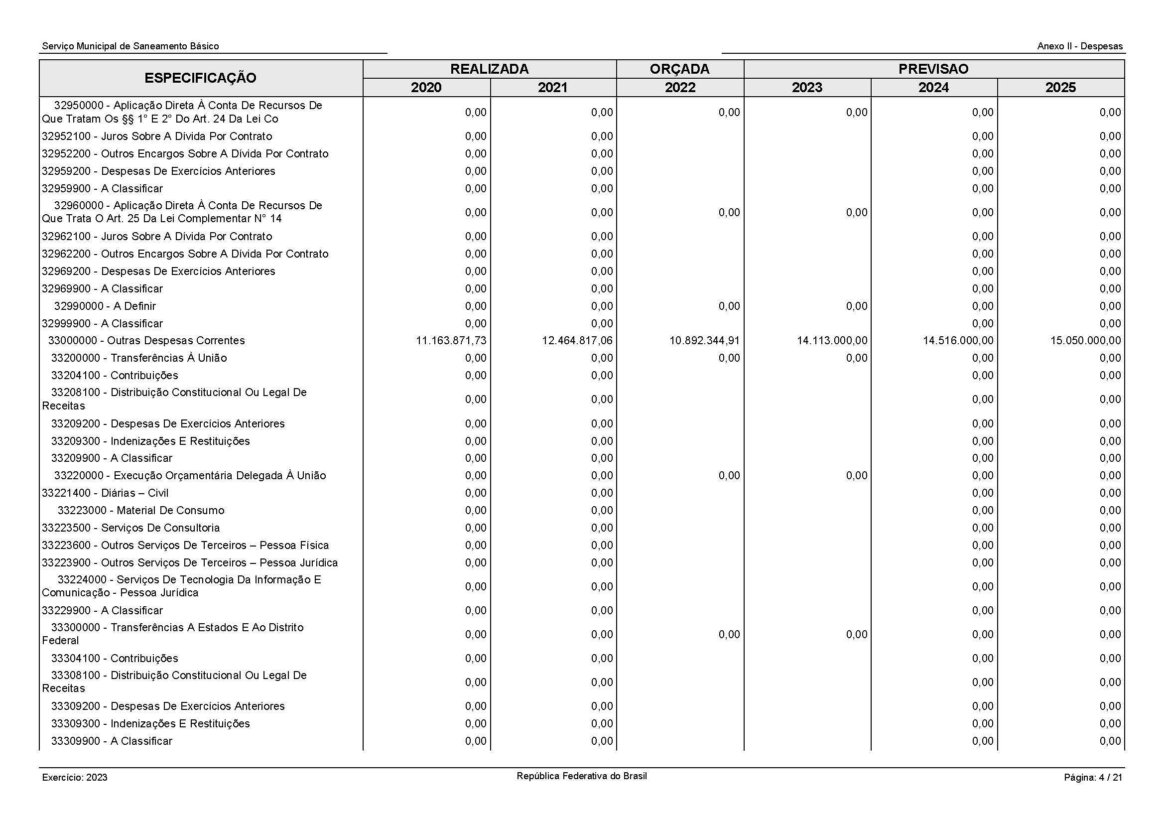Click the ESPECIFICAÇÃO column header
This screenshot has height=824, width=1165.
[x=200, y=78]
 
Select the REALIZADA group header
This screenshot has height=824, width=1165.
[x=489, y=69]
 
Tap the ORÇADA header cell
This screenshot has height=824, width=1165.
[x=679, y=69]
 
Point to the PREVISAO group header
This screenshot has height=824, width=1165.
[x=933, y=69]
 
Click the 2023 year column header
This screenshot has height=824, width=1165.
[x=807, y=87]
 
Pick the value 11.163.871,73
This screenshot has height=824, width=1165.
[x=451, y=340]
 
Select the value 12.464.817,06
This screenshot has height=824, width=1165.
[x=577, y=340]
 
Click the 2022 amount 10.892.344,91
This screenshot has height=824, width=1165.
[x=704, y=340]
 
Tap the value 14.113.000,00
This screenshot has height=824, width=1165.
[x=832, y=340]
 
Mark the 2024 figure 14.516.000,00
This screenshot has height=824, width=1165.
[x=958, y=340]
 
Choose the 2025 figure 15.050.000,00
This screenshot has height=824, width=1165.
[x=1085, y=340]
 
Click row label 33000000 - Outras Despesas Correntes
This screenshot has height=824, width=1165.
[x=146, y=340]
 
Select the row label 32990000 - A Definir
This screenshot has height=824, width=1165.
[x=105, y=306]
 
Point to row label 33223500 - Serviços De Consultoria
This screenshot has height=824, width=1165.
[x=131, y=528]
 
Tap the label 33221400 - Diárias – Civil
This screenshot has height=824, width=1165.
[x=105, y=493]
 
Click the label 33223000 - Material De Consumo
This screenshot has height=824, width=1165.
[x=140, y=511]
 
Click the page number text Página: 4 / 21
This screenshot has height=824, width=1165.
[x=1093, y=777]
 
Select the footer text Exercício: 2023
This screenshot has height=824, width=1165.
[x=75, y=777]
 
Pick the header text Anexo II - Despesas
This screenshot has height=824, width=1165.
[x=1080, y=46]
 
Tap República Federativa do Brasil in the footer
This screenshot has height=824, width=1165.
[x=581, y=776]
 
